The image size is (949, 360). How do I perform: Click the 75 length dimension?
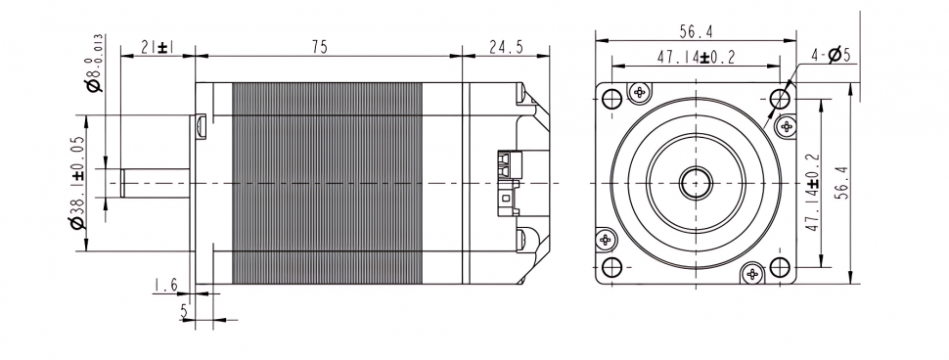point(320,47)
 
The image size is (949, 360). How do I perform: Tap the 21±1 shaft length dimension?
point(158,47)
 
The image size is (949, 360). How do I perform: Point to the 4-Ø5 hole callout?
point(831,55)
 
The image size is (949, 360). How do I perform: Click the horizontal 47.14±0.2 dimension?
point(696,58)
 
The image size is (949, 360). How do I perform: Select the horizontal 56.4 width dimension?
point(696,30)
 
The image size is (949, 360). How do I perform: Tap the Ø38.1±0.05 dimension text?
point(78,182)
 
